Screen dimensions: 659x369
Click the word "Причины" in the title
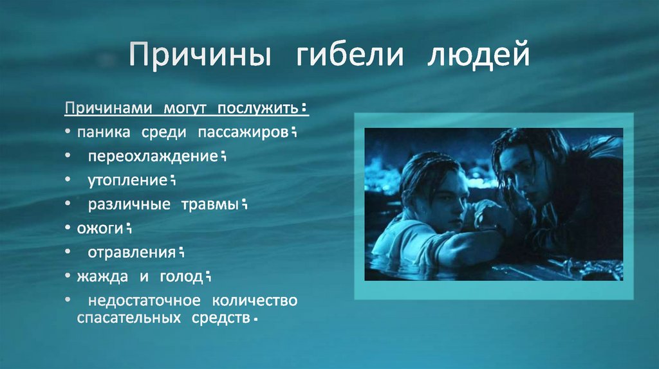pyautogui.click(x=200, y=54)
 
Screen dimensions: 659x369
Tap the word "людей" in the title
pyautogui.click(x=478, y=54)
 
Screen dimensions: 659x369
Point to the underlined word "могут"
pyautogui.click(x=185, y=108)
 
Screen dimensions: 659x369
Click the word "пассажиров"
pyautogui.click(x=243, y=132)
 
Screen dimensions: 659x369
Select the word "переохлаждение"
pyautogui.click(x=153, y=156)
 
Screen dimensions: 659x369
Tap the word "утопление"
pyautogui.click(x=128, y=181)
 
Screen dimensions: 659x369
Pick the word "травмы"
pyautogui.click(x=210, y=204)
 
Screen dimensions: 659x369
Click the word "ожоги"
pyautogui.click(x=100, y=229)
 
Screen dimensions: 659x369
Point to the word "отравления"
pyautogui.click(x=131, y=253)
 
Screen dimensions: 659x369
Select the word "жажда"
pyautogui.click(x=102, y=276)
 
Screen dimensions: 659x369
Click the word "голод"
pyautogui.click(x=181, y=277)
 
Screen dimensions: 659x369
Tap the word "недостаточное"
pyautogui.click(x=144, y=301)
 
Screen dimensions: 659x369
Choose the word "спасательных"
pyautogui.click(x=129, y=318)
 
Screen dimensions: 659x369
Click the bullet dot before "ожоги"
pyautogui.click(x=68, y=228)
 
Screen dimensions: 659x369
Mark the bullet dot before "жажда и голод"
pyautogui.click(x=68, y=276)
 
